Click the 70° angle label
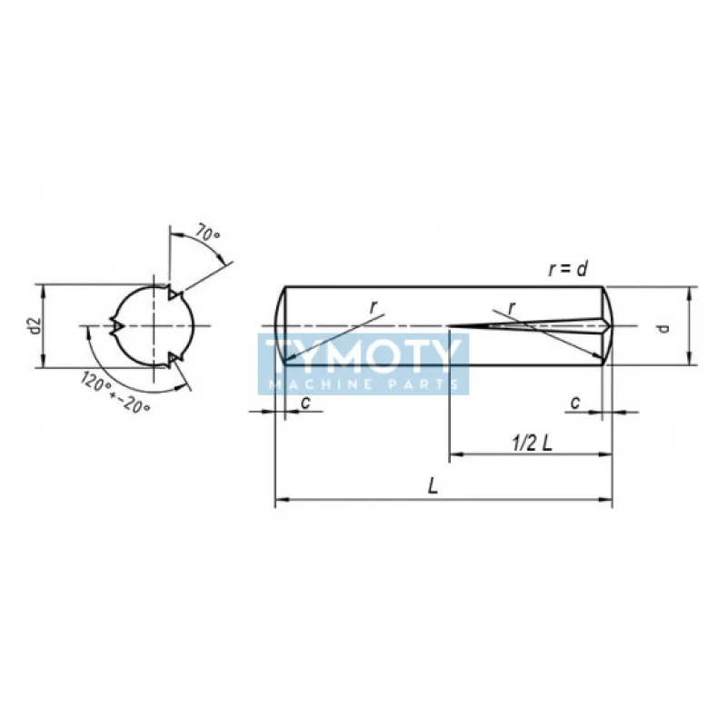point(208,234)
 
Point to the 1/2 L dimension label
point(533,443)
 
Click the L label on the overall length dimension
point(434,487)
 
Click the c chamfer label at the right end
point(575,401)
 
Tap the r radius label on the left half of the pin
point(373,307)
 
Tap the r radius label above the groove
point(512,309)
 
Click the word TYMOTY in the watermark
point(363,356)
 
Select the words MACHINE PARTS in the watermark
point(363,384)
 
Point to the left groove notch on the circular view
point(115,325)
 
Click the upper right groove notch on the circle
point(174,294)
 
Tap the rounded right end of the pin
point(607,325)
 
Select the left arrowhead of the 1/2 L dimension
point(454,453)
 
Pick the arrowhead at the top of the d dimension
point(691,292)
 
